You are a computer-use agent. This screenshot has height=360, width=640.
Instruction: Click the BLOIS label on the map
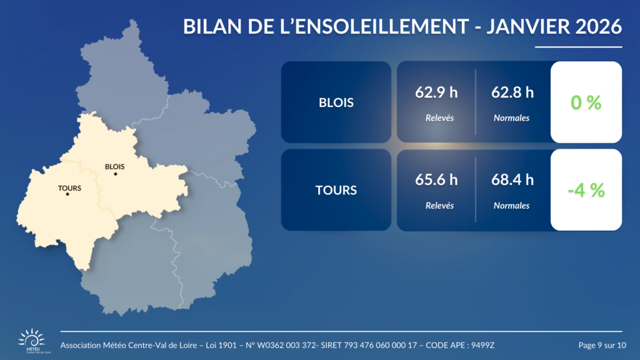[115, 166]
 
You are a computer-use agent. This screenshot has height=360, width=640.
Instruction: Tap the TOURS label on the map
[69, 187]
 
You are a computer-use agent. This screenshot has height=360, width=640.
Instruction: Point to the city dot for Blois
[116, 174]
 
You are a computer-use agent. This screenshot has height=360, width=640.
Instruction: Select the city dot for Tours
[67, 194]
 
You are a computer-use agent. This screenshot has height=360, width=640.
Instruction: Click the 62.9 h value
[436, 93]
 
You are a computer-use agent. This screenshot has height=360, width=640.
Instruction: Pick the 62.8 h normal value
[512, 93]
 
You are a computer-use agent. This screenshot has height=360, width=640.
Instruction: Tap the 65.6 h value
[436, 181]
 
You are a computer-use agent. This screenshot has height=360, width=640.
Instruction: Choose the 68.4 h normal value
[512, 181]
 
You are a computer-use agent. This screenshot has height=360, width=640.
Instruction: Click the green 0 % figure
[586, 103]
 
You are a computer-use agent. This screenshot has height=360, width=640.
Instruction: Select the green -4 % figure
[586, 191]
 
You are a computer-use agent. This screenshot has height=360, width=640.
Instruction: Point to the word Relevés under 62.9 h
[439, 117]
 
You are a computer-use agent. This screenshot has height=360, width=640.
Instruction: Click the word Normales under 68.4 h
[511, 205]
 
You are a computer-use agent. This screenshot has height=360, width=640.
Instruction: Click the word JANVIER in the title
[524, 27]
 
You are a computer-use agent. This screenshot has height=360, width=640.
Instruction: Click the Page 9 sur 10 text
[602, 346]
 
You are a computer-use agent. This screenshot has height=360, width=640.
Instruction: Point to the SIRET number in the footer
[367, 346]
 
